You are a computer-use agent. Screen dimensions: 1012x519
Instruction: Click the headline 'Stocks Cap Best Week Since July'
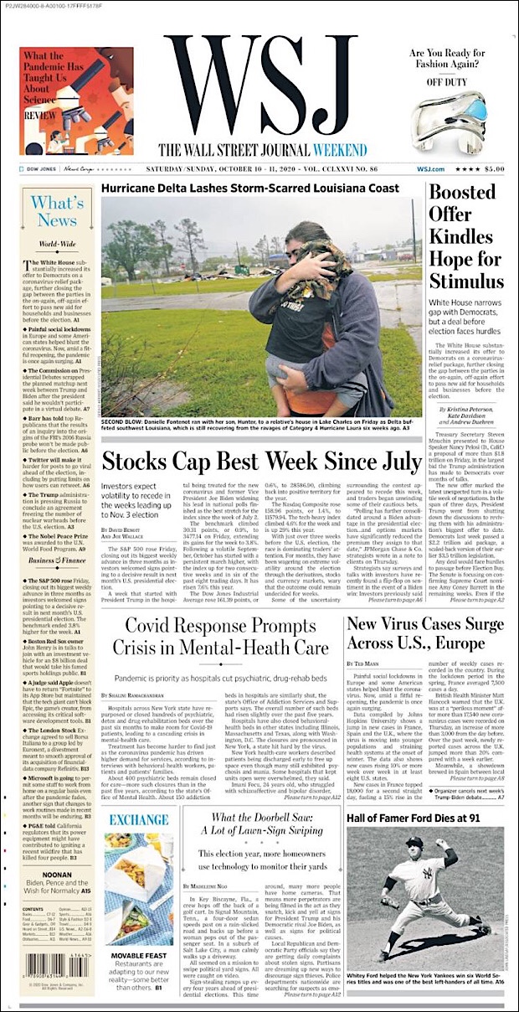[x=261, y=461]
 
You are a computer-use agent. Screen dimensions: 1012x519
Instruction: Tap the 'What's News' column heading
[x=57, y=212]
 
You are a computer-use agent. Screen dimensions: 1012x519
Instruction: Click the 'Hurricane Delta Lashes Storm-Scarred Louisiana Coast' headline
[x=250, y=188]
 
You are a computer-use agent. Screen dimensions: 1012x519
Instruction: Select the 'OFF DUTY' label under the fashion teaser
[x=446, y=83]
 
